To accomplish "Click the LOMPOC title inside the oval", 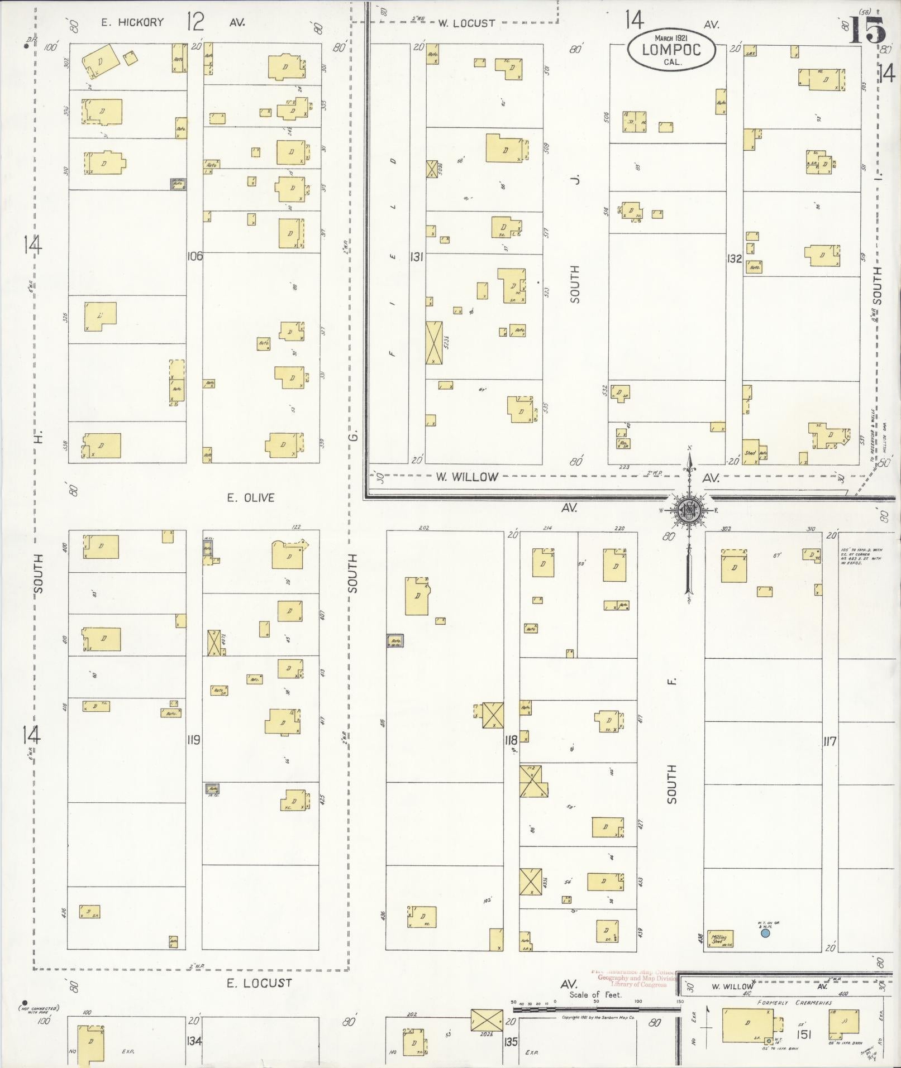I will [671, 49].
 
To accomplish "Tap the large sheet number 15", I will [867, 31].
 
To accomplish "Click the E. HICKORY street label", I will [132, 22].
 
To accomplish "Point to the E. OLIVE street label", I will [251, 497].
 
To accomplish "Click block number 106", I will [195, 257].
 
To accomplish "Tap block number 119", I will [194, 740].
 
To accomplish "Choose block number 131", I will [417, 257].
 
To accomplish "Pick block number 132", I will [734, 258].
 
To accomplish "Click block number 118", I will [511, 740].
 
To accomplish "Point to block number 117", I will [830, 742].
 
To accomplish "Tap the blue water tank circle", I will [765, 933].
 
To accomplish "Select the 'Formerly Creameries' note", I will [794, 1003].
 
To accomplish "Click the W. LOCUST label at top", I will [466, 23].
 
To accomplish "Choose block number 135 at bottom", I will [511, 1041].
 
